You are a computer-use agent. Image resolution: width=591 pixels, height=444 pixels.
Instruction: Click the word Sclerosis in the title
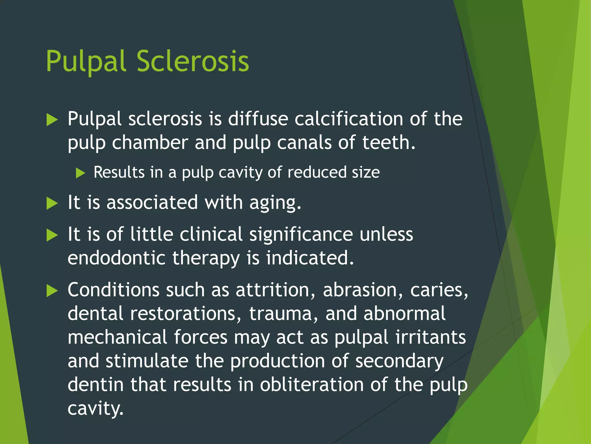tap(192, 61)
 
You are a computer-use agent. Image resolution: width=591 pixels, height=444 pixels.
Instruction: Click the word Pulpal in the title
tap(86, 61)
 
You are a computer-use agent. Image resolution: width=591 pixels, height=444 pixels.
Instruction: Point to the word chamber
tap(150, 143)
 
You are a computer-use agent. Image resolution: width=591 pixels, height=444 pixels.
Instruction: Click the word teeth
tap(388, 143)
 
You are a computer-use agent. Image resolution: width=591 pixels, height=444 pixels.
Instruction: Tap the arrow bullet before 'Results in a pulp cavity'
tap(81, 173)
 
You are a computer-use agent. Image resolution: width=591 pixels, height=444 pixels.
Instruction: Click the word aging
tap(275, 203)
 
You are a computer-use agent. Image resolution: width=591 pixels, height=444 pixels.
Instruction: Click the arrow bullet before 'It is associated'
tap(52, 203)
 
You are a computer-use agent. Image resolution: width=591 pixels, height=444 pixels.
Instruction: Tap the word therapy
tap(206, 258)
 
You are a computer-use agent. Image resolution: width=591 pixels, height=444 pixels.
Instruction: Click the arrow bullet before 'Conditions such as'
tap(52, 291)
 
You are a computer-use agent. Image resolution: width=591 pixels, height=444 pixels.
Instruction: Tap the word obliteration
tap(312, 385)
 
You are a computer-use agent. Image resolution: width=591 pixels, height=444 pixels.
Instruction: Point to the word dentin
tap(96, 385)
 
